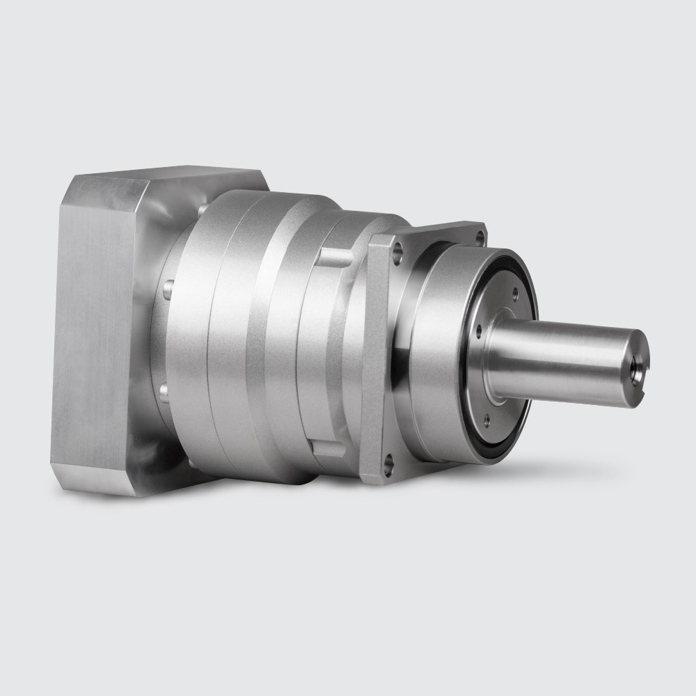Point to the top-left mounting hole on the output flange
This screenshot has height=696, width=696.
click(x=397, y=254)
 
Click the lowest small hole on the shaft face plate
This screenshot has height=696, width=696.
click(x=486, y=420)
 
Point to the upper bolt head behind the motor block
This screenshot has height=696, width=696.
click(x=167, y=289)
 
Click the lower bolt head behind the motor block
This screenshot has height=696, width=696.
click(x=165, y=394)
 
